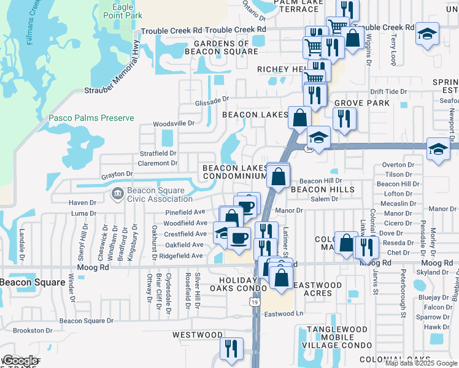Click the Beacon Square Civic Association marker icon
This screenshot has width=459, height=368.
pyautogui.click(x=117, y=194)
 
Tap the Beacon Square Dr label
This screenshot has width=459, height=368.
pyautogui.click(x=87, y=320)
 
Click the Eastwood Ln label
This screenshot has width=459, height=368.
pyautogui.click(x=284, y=314)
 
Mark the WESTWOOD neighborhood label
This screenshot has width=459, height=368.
pyautogui.click(x=197, y=335)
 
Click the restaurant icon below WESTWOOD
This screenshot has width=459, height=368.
pyautogui.click(x=231, y=348)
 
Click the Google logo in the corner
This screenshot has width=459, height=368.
pyautogui.click(x=20, y=360)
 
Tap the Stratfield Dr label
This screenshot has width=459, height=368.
pyautogui.click(x=158, y=153)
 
